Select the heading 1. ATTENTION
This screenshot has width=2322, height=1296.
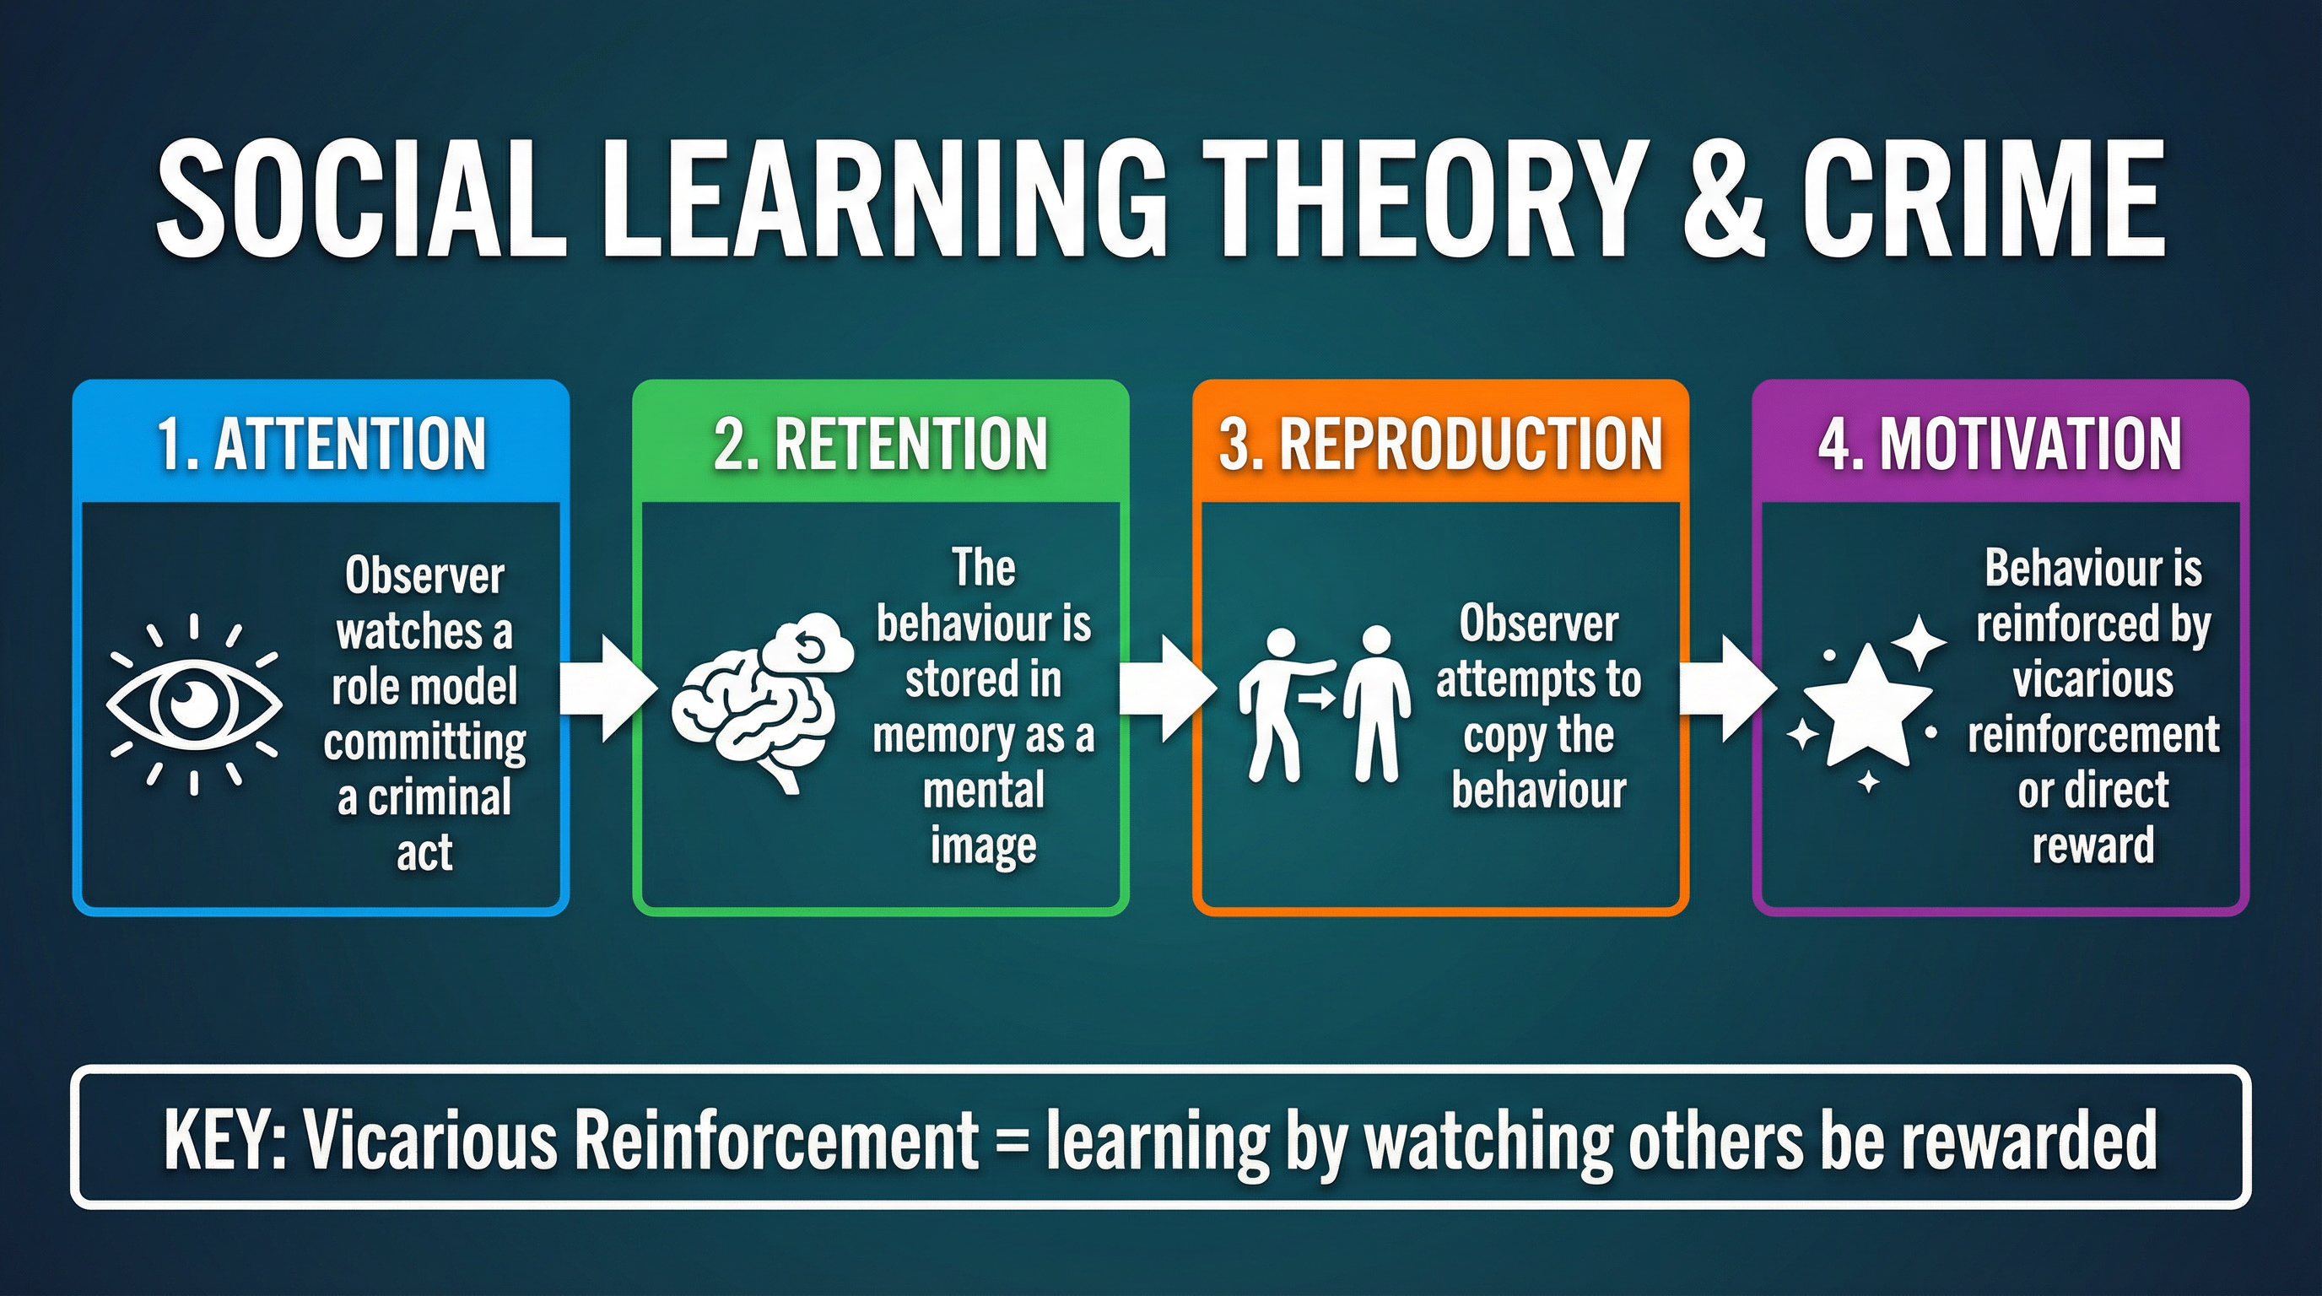(x=321, y=444)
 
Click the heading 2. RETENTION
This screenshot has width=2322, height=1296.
(x=881, y=444)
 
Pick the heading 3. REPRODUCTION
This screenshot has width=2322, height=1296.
(x=1440, y=444)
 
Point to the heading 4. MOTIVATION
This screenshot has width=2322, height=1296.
(x=2001, y=444)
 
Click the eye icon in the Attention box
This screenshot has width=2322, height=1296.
(x=194, y=704)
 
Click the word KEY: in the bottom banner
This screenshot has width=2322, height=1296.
(x=224, y=1139)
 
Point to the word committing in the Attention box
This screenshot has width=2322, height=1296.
(x=424, y=742)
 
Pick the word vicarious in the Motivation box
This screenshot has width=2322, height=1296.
(x=2093, y=679)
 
